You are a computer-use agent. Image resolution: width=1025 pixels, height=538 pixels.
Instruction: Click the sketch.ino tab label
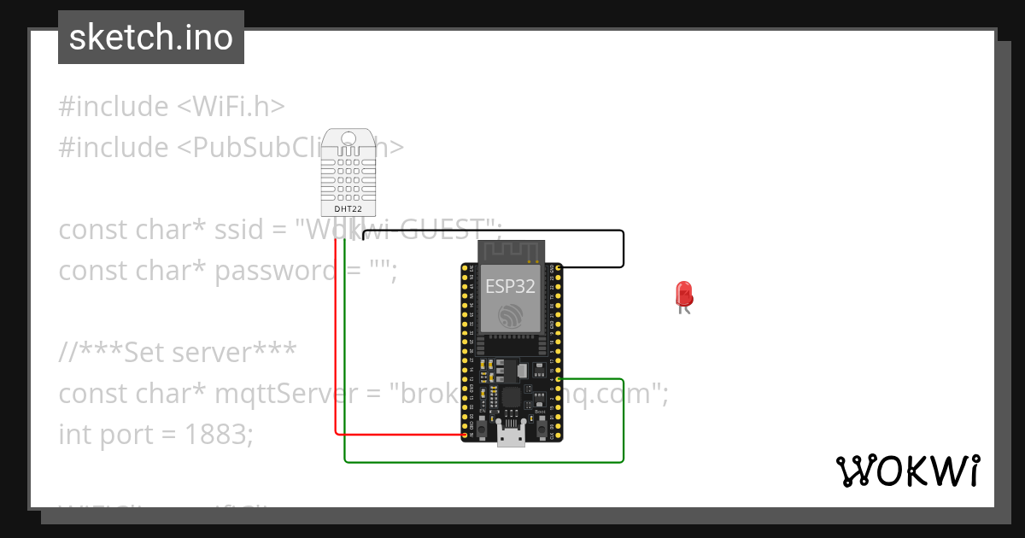pos(151,38)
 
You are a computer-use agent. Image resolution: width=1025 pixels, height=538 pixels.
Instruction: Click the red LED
pos(684,295)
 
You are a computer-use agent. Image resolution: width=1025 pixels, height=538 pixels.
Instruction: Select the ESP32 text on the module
pos(510,285)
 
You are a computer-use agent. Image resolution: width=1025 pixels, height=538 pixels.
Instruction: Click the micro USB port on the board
pos(512,436)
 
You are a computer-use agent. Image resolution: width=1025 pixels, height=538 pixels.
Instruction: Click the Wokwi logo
pos(907,471)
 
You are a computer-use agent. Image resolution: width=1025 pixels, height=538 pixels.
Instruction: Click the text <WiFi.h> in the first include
pos(230,107)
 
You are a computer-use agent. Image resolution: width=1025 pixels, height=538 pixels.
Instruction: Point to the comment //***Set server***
pos(178,353)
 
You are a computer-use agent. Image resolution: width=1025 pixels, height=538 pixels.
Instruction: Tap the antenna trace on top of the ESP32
pos(510,250)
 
